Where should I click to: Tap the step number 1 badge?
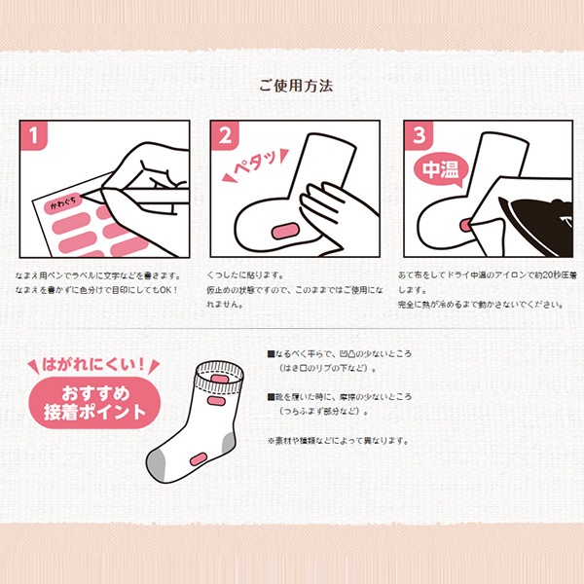click(x=36, y=135)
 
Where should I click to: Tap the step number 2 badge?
click(x=226, y=135)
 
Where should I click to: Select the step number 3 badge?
click(x=418, y=135)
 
